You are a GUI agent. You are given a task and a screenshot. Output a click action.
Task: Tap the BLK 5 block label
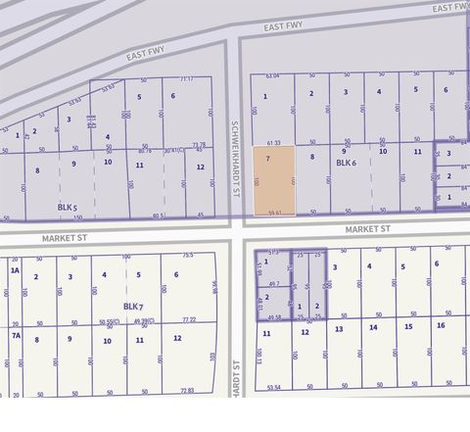click(x=66, y=207)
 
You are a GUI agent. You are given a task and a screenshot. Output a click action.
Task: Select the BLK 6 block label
click(x=348, y=163)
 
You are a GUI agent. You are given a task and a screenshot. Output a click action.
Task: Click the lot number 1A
click(x=15, y=269)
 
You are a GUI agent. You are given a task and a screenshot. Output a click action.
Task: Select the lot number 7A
click(x=15, y=335)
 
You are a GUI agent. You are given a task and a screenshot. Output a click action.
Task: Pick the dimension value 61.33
click(x=273, y=143)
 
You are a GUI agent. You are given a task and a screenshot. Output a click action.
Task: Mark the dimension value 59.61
click(x=274, y=213)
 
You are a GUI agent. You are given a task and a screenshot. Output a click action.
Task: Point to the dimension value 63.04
click(x=272, y=75)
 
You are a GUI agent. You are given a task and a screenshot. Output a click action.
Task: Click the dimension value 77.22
click(x=189, y=319)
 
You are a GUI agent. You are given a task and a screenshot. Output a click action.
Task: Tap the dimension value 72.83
click(x=187, y=389)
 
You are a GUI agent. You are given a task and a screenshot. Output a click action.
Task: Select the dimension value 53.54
click(x=273, y=388)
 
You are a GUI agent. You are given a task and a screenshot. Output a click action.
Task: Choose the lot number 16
click(x=441, y=325)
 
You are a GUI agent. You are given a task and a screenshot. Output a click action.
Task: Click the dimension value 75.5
click(x=187, y=256)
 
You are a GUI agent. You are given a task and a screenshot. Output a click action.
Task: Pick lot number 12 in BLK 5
click(x=200, y=167)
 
